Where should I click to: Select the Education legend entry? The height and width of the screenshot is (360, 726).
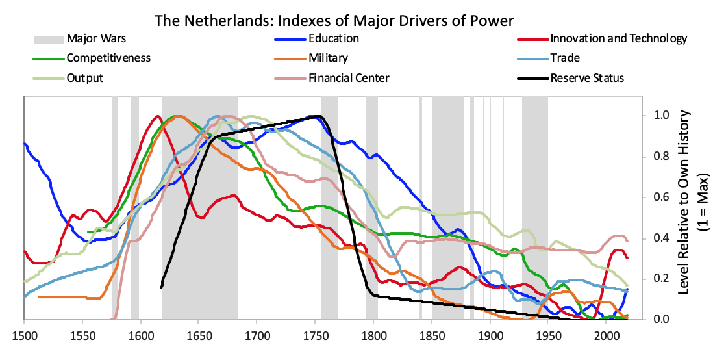click(x=333, y=38)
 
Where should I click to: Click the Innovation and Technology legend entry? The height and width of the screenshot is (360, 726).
click(x=618, y=38)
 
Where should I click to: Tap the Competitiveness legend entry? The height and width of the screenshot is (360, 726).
click(x=108, y=58)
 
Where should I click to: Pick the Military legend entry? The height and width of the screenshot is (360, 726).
click(x=329, y=58)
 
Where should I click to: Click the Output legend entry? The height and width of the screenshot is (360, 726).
click(x=84, y=78)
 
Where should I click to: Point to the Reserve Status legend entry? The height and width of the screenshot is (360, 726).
click(x=586, y=78)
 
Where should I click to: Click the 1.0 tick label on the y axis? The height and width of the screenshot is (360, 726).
click(x=659, y=116)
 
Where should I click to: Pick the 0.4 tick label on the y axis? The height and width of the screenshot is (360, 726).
click(x=659, y=238)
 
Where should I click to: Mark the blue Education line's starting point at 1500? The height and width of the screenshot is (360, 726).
click(x=25, y=144)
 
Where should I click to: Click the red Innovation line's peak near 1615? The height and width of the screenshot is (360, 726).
click(x=157, y=116)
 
